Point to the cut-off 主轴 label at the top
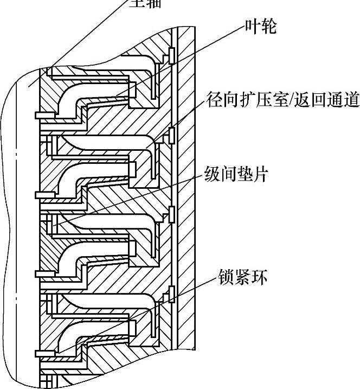click(145, 2)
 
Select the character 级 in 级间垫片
click(213, 175)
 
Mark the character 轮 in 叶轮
click(269, 26)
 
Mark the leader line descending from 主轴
click(81, 38)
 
